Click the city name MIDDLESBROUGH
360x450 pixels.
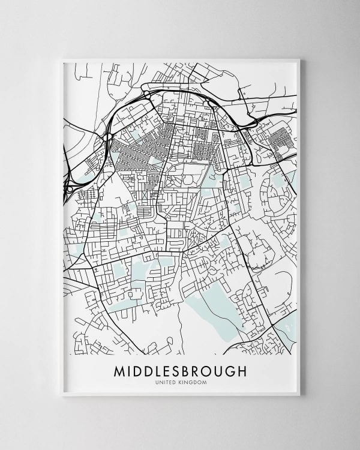[180, 371]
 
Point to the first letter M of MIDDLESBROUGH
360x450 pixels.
[119, 371]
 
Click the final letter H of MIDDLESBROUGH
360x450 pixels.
[241, 371]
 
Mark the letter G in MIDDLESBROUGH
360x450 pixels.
[230, 371]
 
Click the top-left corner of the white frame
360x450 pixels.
[62, 59]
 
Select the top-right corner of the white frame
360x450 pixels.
[299, 59]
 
